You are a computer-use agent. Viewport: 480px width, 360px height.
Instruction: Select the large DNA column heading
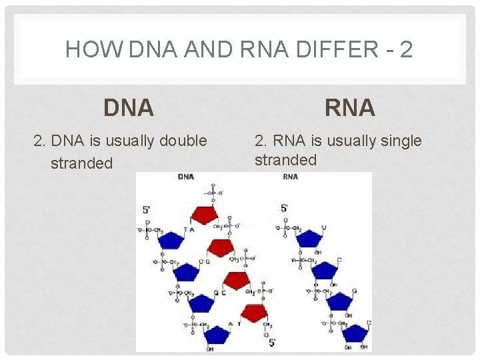click(129, 107)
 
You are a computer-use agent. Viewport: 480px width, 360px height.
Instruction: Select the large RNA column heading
click(350, 107)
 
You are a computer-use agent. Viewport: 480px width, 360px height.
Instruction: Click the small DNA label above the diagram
click(186, 177)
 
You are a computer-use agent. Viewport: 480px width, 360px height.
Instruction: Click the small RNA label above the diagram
click(290, 177)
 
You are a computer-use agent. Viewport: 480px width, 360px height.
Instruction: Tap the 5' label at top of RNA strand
click(285, 208)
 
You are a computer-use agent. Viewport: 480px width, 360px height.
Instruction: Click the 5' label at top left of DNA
click(147, 210)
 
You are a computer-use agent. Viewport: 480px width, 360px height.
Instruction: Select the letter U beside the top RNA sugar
click(323, 227)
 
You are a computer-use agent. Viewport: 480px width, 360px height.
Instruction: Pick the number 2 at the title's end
click(406, 50)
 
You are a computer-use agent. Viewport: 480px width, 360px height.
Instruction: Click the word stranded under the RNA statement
click(285, 160)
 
